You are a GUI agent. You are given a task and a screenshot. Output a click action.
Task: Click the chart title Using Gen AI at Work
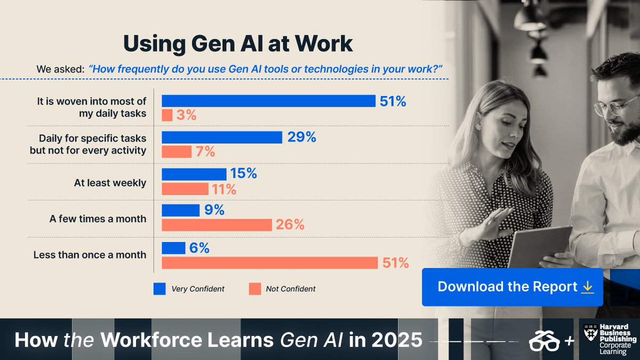coord(238,44)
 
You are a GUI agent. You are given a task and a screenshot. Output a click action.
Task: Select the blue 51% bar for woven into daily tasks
coord(268,101)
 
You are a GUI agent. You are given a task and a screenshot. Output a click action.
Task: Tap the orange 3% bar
coord(167,115)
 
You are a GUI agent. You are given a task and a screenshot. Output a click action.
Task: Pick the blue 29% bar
coord(222,137)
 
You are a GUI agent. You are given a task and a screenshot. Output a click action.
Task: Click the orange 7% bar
coord(177,152)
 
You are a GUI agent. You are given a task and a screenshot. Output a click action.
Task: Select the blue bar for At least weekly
coord(194,174)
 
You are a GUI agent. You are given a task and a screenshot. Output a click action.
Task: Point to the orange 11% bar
coord(185,189)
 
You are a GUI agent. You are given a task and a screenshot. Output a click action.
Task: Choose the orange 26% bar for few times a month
coord(217,225)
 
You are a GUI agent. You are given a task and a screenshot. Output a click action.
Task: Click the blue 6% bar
coord(173,248)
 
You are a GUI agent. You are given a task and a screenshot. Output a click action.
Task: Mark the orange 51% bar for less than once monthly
coord(270,262)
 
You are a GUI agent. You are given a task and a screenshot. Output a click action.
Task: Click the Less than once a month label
coord(90,255)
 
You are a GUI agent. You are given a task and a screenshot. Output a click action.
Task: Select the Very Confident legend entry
coord(189,289)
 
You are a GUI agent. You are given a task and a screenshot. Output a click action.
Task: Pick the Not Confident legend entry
coord(282,289)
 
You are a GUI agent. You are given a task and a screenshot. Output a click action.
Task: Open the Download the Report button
coord(512,287)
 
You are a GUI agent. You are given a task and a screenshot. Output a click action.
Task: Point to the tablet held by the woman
coord(539,245)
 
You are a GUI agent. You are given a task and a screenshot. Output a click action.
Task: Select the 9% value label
coord(213,210)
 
